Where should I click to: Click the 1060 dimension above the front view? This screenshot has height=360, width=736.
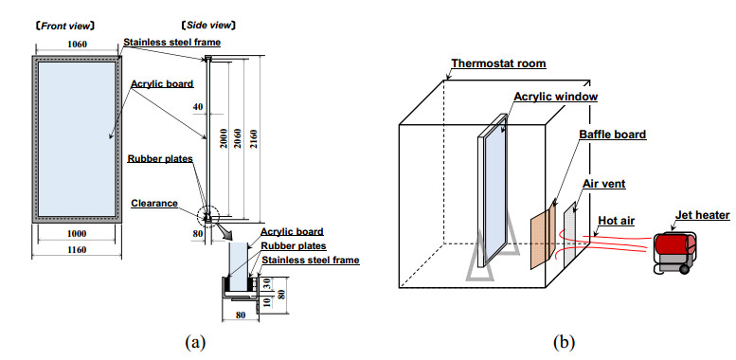pos(77,45)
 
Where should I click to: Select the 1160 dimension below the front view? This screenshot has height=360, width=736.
pos(77,250)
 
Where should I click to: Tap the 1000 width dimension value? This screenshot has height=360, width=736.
pos(77,234)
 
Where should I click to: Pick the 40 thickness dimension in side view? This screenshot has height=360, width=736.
pos(198,107)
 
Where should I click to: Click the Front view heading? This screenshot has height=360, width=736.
pos(65,26)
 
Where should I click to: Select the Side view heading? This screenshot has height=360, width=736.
pos(208,26)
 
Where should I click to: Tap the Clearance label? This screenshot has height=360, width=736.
pos(154,204)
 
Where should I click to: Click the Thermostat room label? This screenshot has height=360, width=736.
pos(498,63)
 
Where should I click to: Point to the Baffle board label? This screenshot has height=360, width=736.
pos(612,135)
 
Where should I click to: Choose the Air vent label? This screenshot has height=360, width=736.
pos(604,184)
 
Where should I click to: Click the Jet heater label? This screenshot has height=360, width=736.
pos(703,215)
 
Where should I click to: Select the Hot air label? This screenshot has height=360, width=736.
pos(617,221)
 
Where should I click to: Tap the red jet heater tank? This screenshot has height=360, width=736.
pos(675,243)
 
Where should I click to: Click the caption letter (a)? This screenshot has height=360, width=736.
pos(195,342)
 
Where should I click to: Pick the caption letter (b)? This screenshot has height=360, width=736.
pos(564,342)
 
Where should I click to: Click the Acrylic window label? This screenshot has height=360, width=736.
pos(556,97)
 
